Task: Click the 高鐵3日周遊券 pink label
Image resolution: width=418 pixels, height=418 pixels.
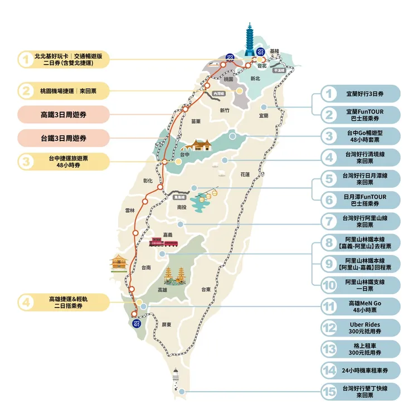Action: [63, 114]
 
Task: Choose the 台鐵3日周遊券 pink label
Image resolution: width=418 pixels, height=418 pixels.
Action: [63, 137]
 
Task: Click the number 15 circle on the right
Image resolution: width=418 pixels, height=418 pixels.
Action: [330, 392]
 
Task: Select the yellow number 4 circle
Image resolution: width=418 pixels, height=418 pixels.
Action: [25, 303]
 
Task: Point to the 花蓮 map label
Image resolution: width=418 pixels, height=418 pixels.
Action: [245, 174]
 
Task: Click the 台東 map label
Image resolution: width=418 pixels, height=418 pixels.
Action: [206, 289]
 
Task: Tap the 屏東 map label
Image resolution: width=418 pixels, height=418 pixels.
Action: [166, 324]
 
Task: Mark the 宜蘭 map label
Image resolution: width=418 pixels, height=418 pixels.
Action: [264, 116]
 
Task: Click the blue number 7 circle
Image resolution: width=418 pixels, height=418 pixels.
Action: [330, 221]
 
